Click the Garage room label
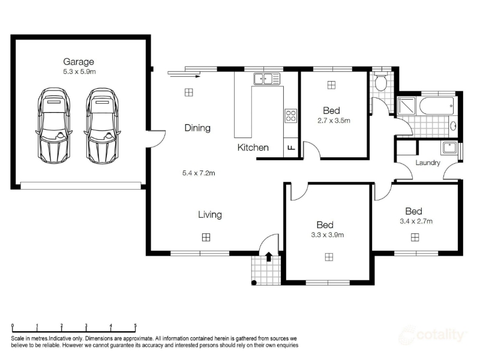(x=79, y=62)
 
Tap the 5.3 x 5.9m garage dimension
(x=79, y=71)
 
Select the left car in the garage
(x=54, y=126)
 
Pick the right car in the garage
(x=102, y=126)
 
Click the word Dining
(x=197, y=128)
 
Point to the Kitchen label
(x=253, y=148)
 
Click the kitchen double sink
(x=266, y=79)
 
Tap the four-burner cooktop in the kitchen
(x=291, y=116)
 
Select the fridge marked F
(x=291, y=148)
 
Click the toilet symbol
(x=381, y=82)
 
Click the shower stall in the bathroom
(x=406, y=106)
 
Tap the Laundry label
(x=428, y=163)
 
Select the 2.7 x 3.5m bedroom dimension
(x=334, y=121)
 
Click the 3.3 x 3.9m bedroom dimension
(x=327, y=235)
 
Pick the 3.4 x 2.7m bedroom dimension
(x=416, y=221)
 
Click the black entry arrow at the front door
(x=269, y=257)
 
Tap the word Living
(x=210, y=215)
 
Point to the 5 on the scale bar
(x=136, y=326)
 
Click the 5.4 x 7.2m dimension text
(x=199, y=173)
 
